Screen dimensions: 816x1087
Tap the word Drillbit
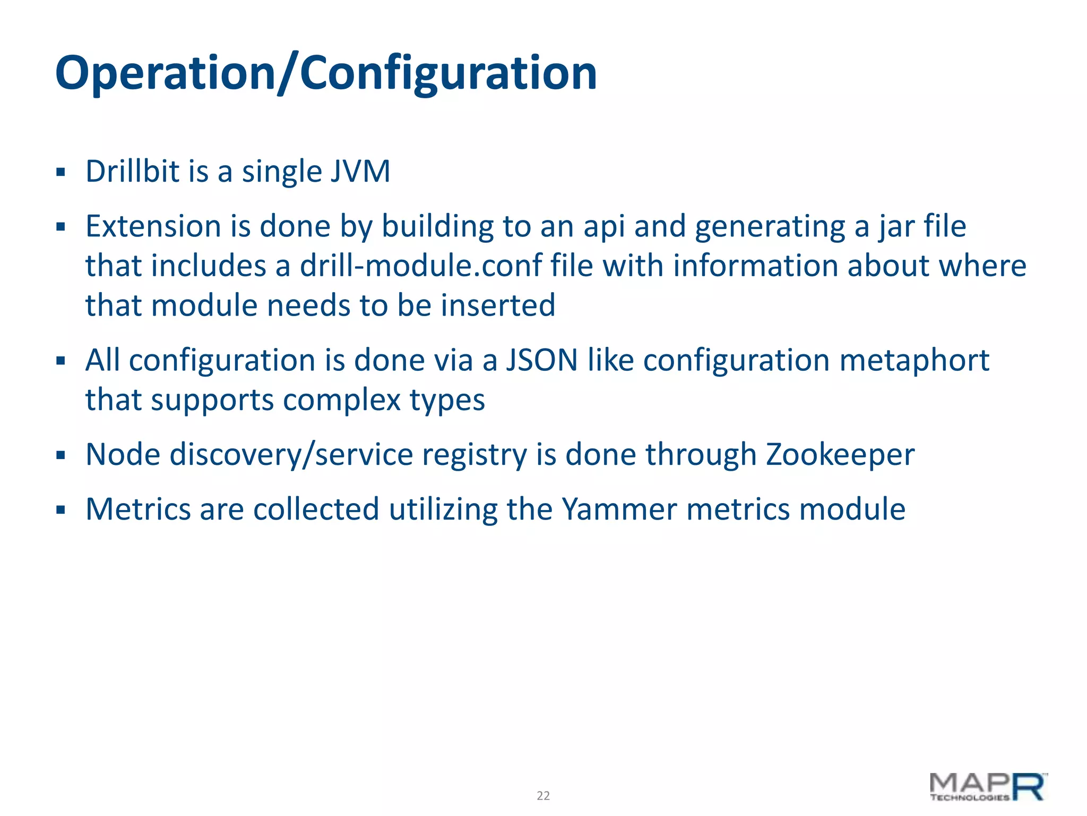[133, 172]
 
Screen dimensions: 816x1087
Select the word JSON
[541, 360]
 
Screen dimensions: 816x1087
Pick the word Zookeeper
[840, 455]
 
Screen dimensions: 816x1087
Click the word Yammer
[619, 509]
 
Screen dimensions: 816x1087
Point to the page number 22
[543, 795]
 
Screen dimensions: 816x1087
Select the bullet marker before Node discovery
[61, 455]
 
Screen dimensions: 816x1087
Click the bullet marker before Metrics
[61, 510]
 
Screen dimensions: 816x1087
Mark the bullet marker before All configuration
[61, 361]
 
